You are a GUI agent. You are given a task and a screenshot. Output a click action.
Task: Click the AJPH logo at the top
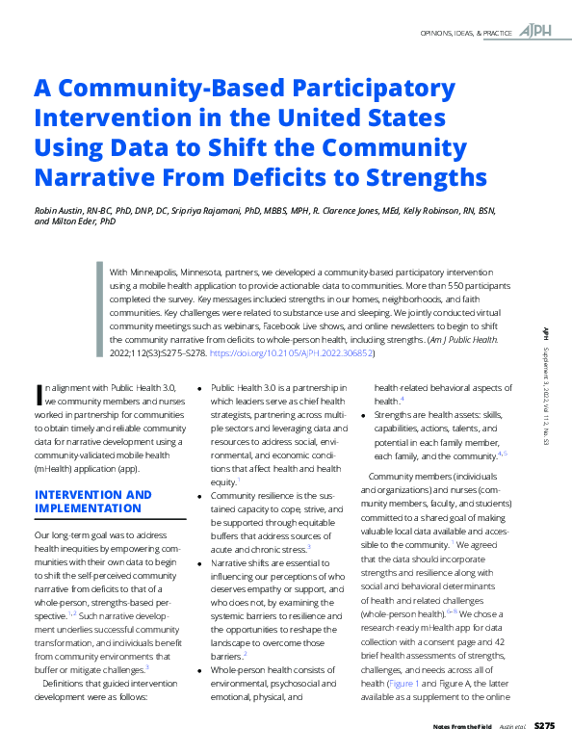click(536, 32)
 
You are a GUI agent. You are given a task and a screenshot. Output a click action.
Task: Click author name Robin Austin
click(63, 210)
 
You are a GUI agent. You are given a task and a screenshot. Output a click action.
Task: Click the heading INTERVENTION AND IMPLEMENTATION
click(92, 501)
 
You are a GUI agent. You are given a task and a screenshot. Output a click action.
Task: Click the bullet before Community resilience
click(200, 496)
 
